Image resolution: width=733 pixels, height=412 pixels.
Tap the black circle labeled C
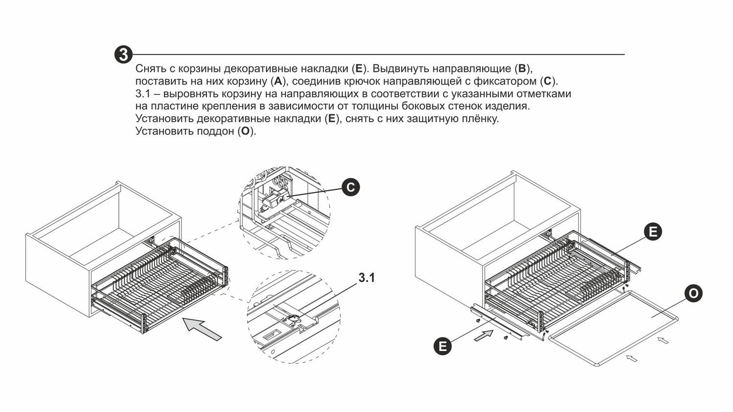tap(350, 188)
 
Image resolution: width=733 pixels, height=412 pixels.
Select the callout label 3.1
tap(366, 278)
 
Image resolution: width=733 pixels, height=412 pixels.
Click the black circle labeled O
tap(693, 294)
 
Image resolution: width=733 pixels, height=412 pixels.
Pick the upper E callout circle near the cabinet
tap(653, 232)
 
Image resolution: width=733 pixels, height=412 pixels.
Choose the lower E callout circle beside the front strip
tap(443, 347)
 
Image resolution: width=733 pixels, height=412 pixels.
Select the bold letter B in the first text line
tap(521, 68)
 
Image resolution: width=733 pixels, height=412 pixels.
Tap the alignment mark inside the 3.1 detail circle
tap(293, 318)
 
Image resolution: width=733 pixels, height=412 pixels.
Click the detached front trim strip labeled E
tap(496, 323)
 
